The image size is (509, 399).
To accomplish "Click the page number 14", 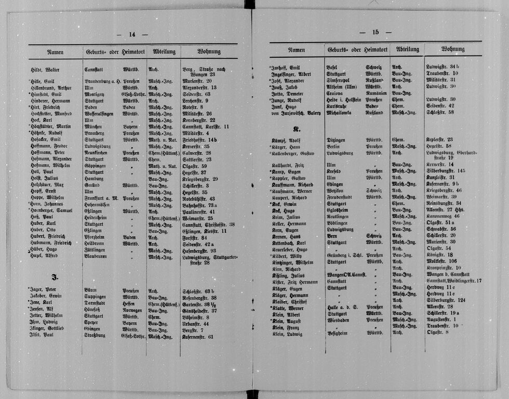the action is coord(132,34).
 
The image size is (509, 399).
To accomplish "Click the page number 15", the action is coord(376,32).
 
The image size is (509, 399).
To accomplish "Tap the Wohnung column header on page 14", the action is coord(209,51).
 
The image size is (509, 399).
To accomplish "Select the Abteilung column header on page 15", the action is coord(407,49).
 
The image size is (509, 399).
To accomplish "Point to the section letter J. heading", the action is coord(53,276).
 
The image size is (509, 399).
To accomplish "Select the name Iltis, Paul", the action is coord(42,336).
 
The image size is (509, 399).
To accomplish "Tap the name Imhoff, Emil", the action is coord(285,67).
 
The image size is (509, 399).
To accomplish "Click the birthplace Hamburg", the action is coord(94,178).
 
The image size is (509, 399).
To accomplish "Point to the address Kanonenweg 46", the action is coord(442,216).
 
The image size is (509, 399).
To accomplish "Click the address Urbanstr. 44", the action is coord(195,323).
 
